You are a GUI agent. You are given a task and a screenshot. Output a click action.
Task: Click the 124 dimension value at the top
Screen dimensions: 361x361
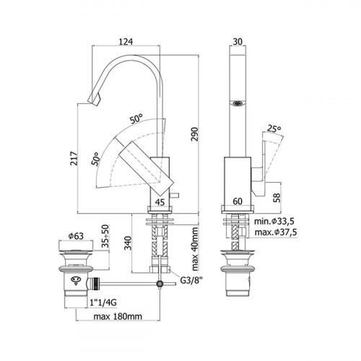[x=126, y=42]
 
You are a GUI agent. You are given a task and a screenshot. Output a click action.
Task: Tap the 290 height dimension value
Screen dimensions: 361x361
[x=194, y=134]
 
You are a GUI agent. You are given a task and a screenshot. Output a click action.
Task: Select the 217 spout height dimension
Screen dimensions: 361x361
[x=74, y=158]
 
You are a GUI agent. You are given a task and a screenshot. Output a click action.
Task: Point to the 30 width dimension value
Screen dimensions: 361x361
[x=238, y=42]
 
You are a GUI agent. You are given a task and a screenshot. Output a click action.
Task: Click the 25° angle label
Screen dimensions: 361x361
[x=274, y=129]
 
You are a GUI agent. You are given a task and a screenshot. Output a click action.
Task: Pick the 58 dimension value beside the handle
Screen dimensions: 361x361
[x=277, y=198]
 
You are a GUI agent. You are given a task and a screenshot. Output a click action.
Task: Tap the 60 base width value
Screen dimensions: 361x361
[x=238, y=201]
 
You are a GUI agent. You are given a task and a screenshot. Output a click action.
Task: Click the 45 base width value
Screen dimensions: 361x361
[x=160, y=202]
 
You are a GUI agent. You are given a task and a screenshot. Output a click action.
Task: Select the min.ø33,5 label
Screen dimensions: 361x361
[x=274, y=221]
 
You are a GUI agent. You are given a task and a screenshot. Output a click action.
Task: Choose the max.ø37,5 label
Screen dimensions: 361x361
[x=276, y=232]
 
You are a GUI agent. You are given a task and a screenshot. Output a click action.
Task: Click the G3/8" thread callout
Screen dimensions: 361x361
[x=191, y=280]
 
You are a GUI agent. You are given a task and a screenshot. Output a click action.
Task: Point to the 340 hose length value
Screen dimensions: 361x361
[x=129, y=243]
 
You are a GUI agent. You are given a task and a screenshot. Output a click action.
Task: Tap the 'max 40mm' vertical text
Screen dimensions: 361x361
[x=194, y=248]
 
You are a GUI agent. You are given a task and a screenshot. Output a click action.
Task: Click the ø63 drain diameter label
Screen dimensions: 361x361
[x=76, y=236]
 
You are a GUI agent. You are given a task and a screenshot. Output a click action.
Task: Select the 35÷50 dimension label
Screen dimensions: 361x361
[x=105, y=236]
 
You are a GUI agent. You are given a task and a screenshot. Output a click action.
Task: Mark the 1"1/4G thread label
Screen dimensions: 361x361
[x=103, y=303]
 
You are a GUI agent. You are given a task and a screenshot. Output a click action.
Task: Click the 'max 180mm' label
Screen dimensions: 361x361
[x=118, y=316]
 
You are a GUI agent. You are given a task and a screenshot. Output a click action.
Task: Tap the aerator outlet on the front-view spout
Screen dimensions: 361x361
[x=238, y=103]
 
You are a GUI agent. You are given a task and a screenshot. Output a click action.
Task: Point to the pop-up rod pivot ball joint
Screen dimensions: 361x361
[x=160, y=284]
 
